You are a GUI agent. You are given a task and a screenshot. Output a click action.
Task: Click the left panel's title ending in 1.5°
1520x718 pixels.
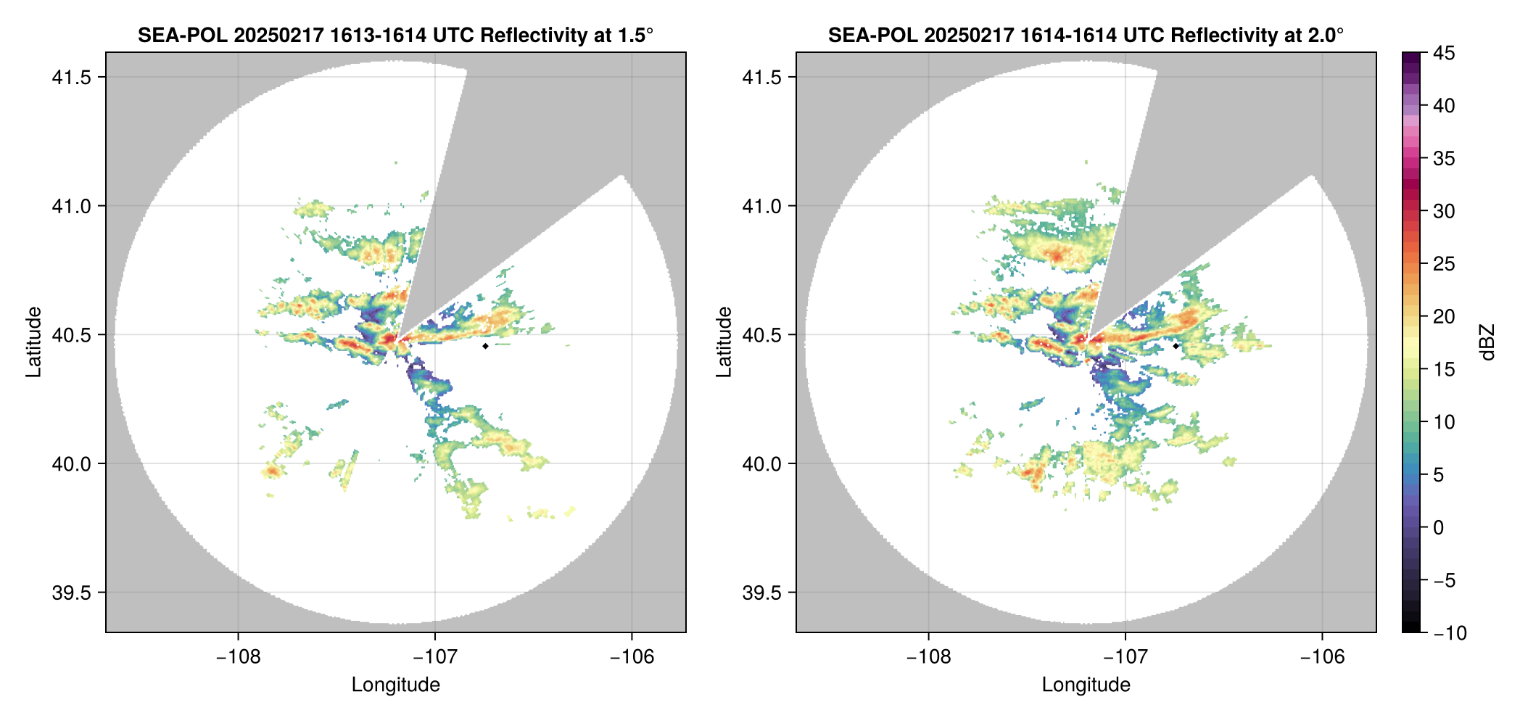pos(395,35)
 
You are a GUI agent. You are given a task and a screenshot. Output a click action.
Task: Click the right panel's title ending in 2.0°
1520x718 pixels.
pos(1086,35)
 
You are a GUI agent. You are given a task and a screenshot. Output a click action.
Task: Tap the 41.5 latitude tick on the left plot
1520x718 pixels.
pos(71,78)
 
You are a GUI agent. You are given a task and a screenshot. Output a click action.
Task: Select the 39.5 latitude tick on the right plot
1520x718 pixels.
pos(761,593)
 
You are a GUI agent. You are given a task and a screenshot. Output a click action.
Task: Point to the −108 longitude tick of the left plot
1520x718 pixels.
pos(238,656)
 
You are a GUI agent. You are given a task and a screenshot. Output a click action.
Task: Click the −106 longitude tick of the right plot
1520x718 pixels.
pos(1323,656)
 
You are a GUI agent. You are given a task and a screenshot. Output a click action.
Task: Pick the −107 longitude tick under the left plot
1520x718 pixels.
pos(435,656)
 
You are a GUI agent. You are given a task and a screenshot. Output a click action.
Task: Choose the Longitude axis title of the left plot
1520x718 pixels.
pos(395,685)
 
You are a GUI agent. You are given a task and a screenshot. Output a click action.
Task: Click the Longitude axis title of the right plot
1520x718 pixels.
pos(1086,685)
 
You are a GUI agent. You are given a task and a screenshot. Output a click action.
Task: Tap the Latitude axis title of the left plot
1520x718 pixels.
pos(33,342)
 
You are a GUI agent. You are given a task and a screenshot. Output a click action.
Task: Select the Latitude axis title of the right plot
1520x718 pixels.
pos(724,342)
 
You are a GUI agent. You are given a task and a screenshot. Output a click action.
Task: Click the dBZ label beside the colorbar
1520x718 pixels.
pos(1487,342)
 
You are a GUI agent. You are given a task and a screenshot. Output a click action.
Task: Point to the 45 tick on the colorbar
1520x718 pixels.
pos(1444,53)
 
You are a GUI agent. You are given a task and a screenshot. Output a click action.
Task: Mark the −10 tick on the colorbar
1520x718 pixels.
pos(1450,633)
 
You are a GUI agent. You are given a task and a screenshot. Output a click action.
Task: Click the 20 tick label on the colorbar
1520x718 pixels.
pos(1444,317)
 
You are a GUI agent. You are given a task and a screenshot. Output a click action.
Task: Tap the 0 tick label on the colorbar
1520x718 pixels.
pos(1439,528)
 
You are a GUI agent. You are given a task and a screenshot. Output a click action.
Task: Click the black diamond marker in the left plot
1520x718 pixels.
pos(485,346)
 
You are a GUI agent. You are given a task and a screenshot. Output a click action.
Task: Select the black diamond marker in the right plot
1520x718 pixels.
pos(1176,346)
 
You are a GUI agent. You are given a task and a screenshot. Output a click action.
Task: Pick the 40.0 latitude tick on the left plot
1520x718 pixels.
pos(71,464)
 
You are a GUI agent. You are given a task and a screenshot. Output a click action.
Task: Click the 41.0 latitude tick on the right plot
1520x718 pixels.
pos(761,207)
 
